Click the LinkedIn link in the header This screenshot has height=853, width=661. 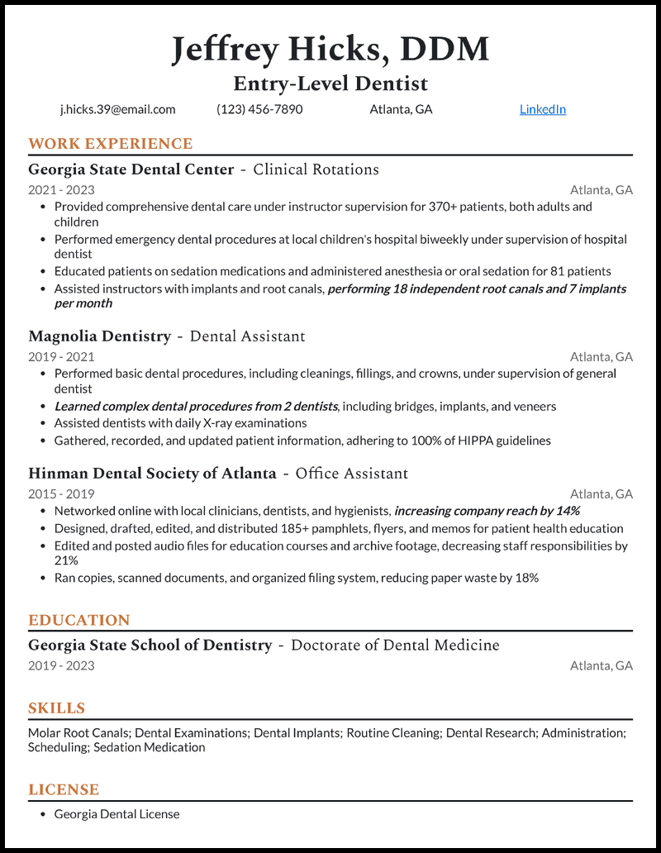pos(542,109)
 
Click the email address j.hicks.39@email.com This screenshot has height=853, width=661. pos(117,109)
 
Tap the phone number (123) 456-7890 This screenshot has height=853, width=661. pos(259,109)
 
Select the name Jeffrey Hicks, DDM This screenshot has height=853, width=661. pos(330,50)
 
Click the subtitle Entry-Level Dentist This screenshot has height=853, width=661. pos(330,83)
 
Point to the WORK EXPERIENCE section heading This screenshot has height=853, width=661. pos(110,144)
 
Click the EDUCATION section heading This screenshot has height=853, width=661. pos(79,620)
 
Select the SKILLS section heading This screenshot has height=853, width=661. pos(56,708)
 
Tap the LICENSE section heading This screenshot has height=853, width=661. pos(64,789)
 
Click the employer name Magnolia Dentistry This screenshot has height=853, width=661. pos(99,336)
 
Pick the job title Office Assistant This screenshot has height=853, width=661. pos(351,474)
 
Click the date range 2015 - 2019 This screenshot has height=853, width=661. pos(61,494)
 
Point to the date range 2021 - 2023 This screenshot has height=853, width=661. pos(61,190)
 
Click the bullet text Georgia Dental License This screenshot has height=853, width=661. pos(117,814)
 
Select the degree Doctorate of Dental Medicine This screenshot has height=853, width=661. pos(395,645)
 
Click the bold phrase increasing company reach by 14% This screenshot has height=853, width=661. pos(487,511)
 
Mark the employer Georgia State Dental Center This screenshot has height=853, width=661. pos(131,169)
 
